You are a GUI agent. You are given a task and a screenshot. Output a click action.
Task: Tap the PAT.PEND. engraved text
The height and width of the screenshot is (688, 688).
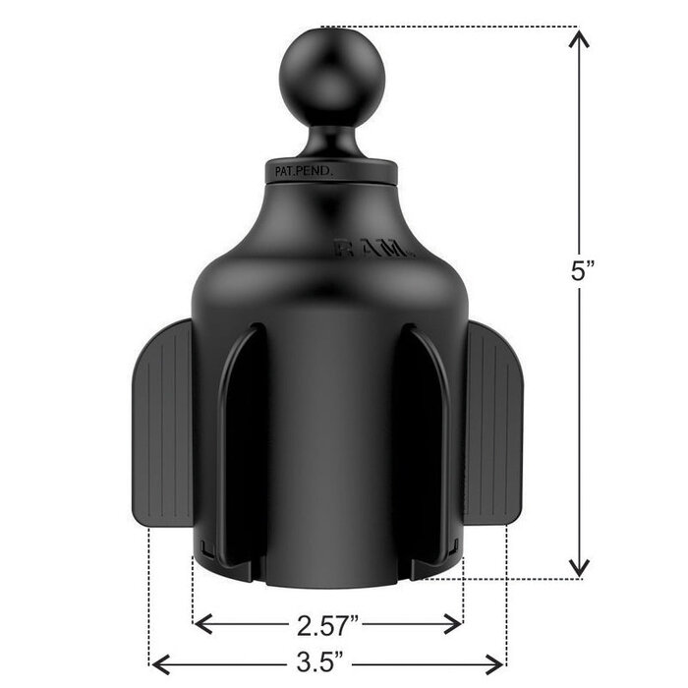(301, 171)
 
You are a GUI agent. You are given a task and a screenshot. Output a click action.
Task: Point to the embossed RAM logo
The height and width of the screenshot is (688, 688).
(374, 250)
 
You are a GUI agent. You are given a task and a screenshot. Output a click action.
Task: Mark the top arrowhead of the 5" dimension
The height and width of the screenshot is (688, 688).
(580, 37)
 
